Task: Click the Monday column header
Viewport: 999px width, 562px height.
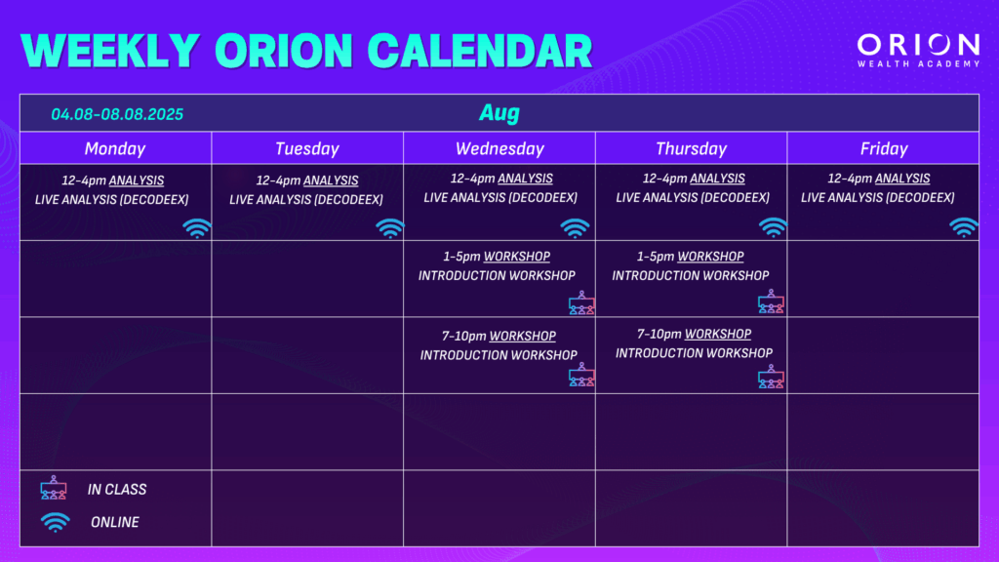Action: click(x=115, y=148)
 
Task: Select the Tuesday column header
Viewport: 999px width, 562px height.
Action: click(x=307, y=148)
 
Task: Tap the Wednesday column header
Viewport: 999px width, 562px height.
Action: click(x=499, y=148)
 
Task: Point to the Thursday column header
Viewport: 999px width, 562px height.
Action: click(x=692, y=148)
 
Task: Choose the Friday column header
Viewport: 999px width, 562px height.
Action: click(x=884, y=148)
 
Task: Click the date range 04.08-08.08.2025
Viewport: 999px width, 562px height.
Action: click(x=117, y=114)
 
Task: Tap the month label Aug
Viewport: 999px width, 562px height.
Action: click(x=499, y=113)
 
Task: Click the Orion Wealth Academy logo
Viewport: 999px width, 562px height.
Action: click(x=918, y=51)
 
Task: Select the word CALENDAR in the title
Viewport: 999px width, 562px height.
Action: click(x=480, y=51)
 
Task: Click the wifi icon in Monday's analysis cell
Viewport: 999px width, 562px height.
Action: click(x=197, y=228)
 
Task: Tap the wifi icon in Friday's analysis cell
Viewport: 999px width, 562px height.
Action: click(x=963, y=227)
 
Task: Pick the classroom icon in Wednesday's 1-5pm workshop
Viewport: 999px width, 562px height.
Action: click(x=581, y=302)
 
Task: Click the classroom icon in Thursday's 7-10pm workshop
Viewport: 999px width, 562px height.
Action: click(x=771, y=377)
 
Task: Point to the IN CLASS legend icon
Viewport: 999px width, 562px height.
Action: click(x=54, y=488)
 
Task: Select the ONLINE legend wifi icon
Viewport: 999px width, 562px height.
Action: click(x=56, y=522)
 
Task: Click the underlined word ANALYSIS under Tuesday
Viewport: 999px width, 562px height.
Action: click(x=331, y=181)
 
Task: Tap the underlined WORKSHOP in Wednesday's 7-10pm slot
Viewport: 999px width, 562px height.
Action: click(x=523, y=336)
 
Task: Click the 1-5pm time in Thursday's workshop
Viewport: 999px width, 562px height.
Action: click(x=655, y=257)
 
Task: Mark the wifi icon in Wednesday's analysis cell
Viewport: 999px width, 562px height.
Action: click(x=575, y=227)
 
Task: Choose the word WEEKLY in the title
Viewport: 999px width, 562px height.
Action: click(x=110, y=51)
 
